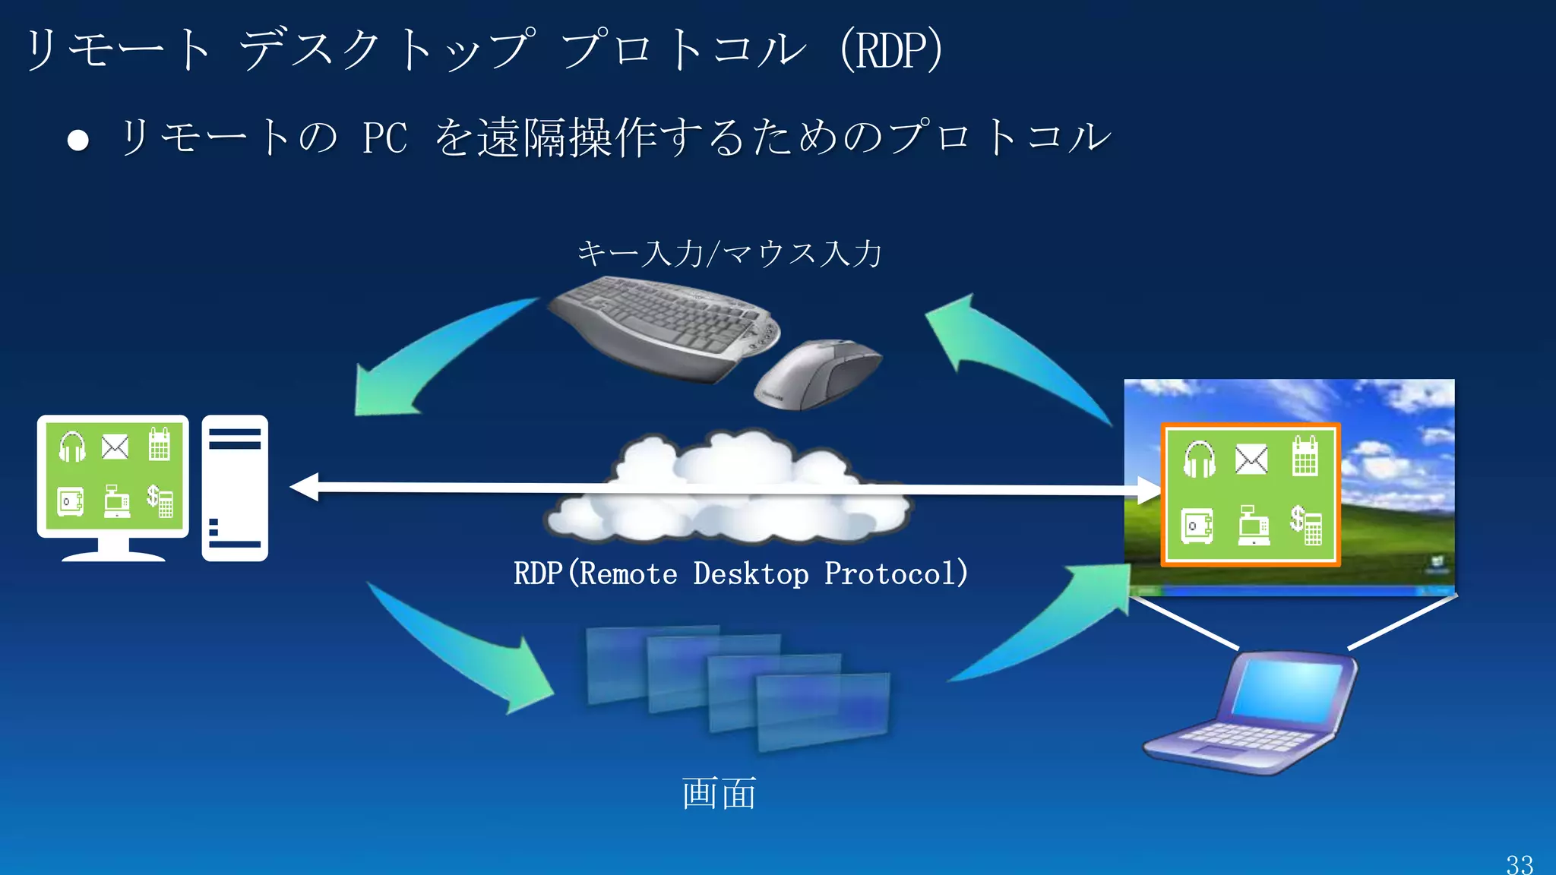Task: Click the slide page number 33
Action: (x=1520, y=864)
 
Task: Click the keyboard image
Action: (x=661, y=327)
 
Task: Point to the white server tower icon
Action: (x=235, y=488)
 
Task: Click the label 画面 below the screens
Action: (x=719, y=794)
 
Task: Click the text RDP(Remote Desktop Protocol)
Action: (x=741, y=573)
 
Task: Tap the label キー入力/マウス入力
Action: (x=729, y=253)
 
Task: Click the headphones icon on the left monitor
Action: (x=73, y=447)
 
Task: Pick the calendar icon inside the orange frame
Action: (x=1305, y=456)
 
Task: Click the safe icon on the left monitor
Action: (x=71, y=502)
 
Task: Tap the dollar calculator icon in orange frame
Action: (x=1305, y=525)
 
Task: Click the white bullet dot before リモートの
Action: (x=78, y=140)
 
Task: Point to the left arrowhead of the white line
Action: (x=304, y=487)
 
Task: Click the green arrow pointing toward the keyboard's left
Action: (x=425, y=357)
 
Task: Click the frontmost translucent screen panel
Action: (x=823, y=710)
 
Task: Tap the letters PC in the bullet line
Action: (x=384, y=138)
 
